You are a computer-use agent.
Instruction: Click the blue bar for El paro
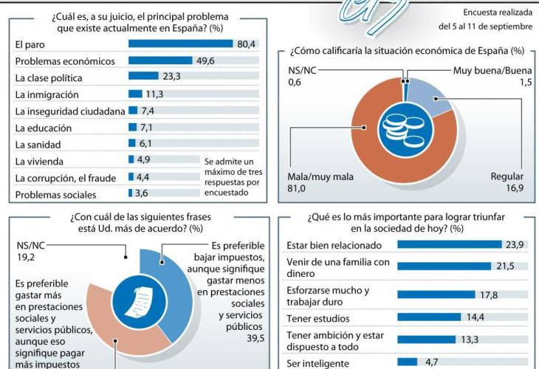pyautogui.click(x=181, y=44)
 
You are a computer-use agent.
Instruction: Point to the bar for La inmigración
pyautogui.click(x=135, y=94)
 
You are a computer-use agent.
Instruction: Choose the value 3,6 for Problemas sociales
pyautogui.click(x=143, y=195)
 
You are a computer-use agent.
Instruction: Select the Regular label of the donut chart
pyautogui.click(x=507, y=176)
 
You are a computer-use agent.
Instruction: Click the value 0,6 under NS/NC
pyautogui.click(x=295, y=83)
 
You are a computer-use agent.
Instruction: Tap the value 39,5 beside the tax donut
pyautogui.click(x=255, y=337)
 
